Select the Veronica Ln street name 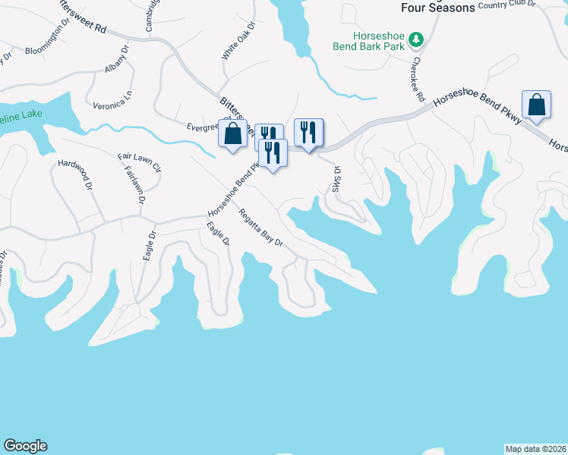coord(112,99)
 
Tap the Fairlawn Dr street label coord(134,186)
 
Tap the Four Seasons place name coord(438,8)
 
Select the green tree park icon coord(415,39)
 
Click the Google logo coord(25,446)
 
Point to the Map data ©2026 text coord(535,448)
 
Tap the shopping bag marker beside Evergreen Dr coord(232,133)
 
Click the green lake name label coord(21,115)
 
